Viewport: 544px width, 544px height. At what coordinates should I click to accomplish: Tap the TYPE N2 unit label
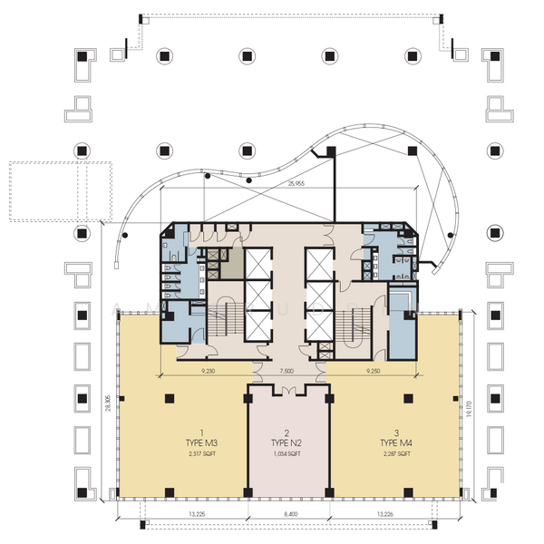coord(287,442)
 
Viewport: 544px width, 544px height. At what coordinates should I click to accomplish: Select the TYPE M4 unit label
coord(396,442)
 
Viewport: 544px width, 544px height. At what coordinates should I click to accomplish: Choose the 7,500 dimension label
coord(287,371)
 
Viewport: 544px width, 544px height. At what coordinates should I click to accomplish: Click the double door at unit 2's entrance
coord(287,391)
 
